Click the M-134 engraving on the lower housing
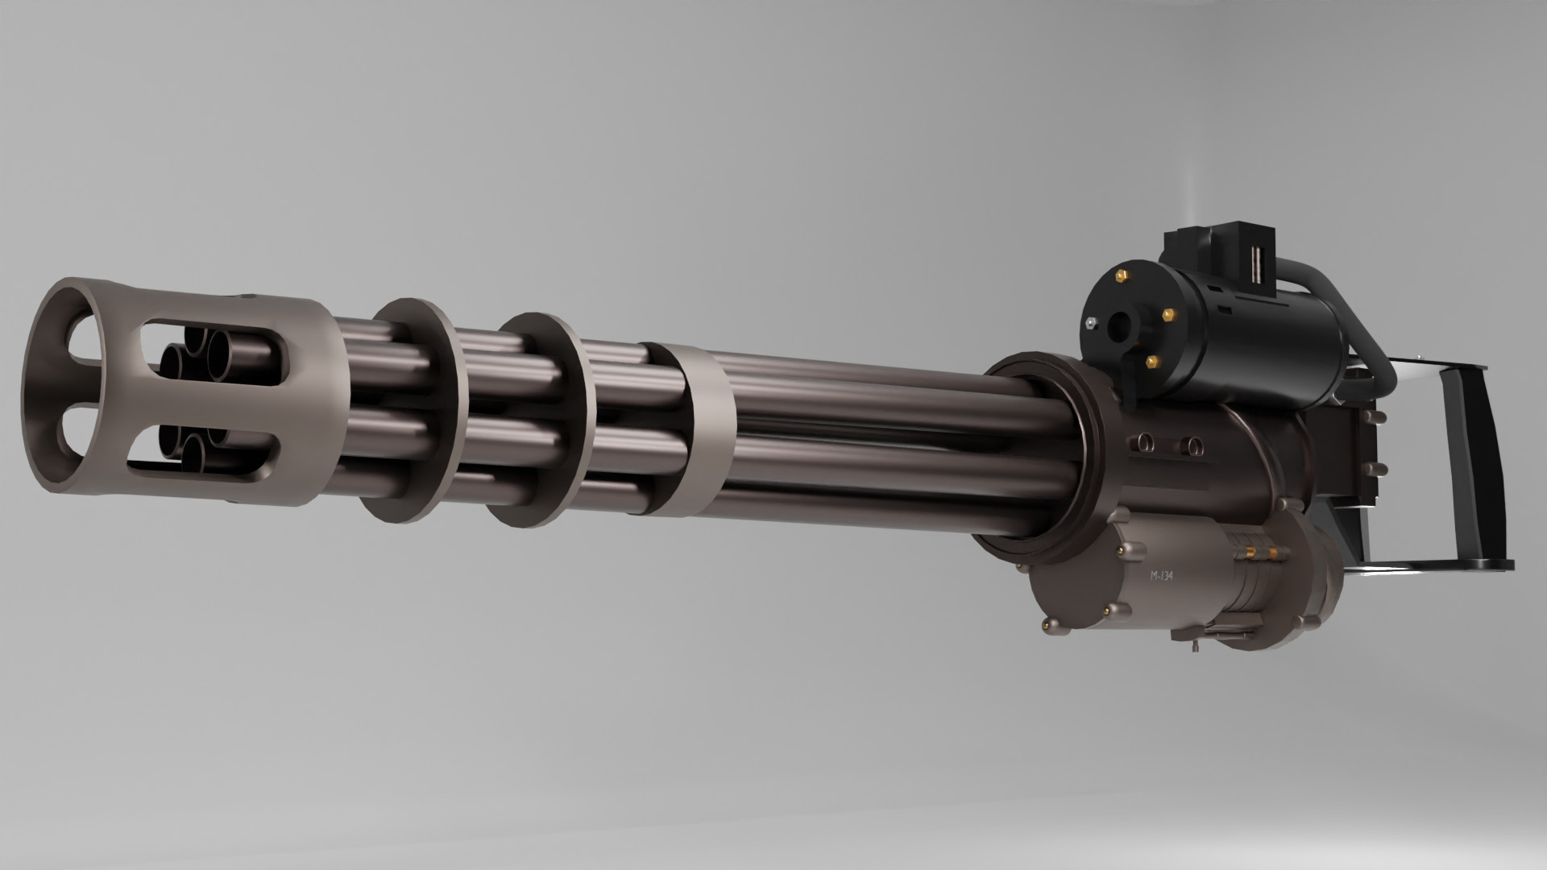click(1160, 578)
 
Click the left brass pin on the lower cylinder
click(1247, 553)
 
